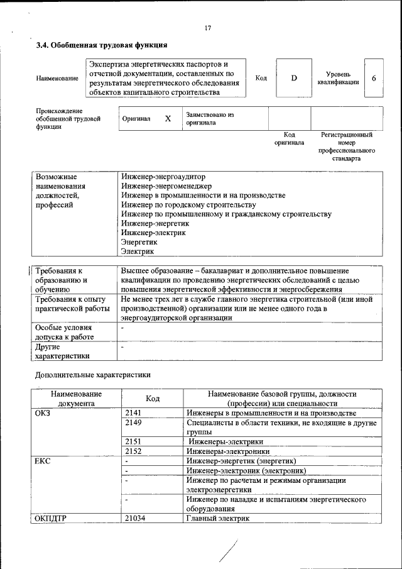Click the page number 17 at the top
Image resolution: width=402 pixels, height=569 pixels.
click(x=208, y=28)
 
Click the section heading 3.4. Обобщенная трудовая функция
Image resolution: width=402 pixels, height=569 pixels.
click(x=101, y=45)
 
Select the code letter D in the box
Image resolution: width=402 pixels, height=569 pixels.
click(x=293, y=78)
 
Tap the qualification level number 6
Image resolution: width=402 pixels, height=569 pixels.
click(x=374, y=78)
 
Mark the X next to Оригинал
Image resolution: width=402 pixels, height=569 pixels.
click(x=168, y=118)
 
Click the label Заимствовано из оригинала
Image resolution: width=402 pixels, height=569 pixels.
click(x=209, y=118)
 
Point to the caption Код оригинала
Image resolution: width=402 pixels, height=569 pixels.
click(x=289, y=138)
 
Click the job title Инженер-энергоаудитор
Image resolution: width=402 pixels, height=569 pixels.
click(x=163, y=177)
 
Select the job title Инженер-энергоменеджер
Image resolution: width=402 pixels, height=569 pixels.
click(x=166, y=186)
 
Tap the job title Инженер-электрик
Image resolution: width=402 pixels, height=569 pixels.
click(x=153, y=233)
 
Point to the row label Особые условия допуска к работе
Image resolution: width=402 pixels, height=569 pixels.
click(x=64, y=332)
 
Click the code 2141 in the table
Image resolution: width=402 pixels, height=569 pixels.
click(x=134, y=413)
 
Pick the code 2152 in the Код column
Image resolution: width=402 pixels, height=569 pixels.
click(x=134, y=451)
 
